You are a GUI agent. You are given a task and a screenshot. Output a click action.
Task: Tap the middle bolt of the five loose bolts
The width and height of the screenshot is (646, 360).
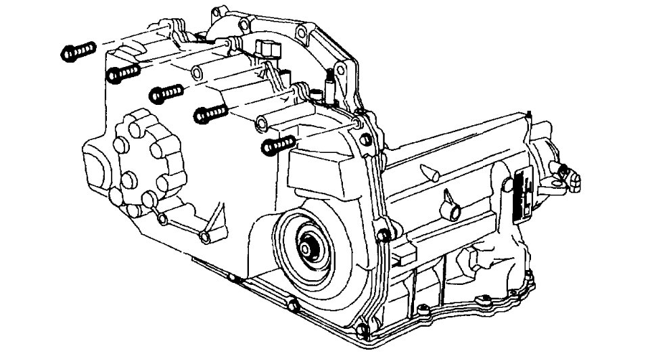tap(166, 93)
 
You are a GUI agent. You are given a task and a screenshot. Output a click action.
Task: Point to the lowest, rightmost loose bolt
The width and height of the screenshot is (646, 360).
tap(278, 144)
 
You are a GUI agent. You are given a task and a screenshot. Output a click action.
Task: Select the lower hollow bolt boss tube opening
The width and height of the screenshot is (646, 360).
tap(260, 124)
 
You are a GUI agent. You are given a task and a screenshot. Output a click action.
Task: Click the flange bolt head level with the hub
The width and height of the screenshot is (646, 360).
tap(382, 236)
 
